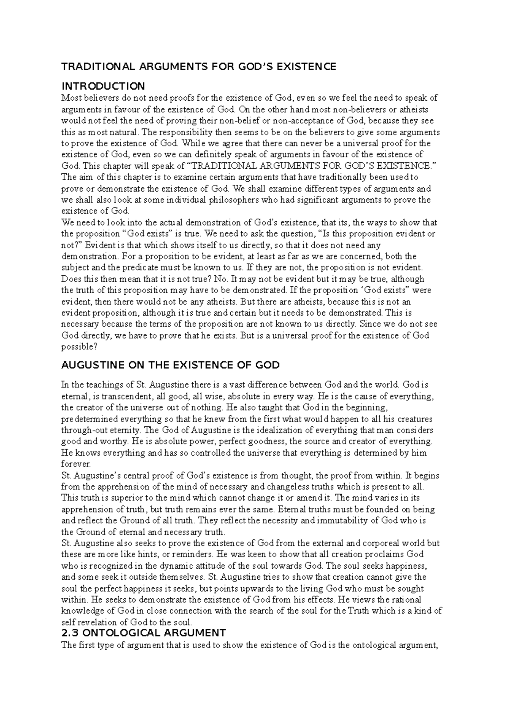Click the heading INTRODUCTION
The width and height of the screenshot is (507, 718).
(103, 86)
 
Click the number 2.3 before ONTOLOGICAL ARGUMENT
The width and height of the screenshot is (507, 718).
(71, 633)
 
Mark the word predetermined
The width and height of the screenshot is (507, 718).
(90, 419)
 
